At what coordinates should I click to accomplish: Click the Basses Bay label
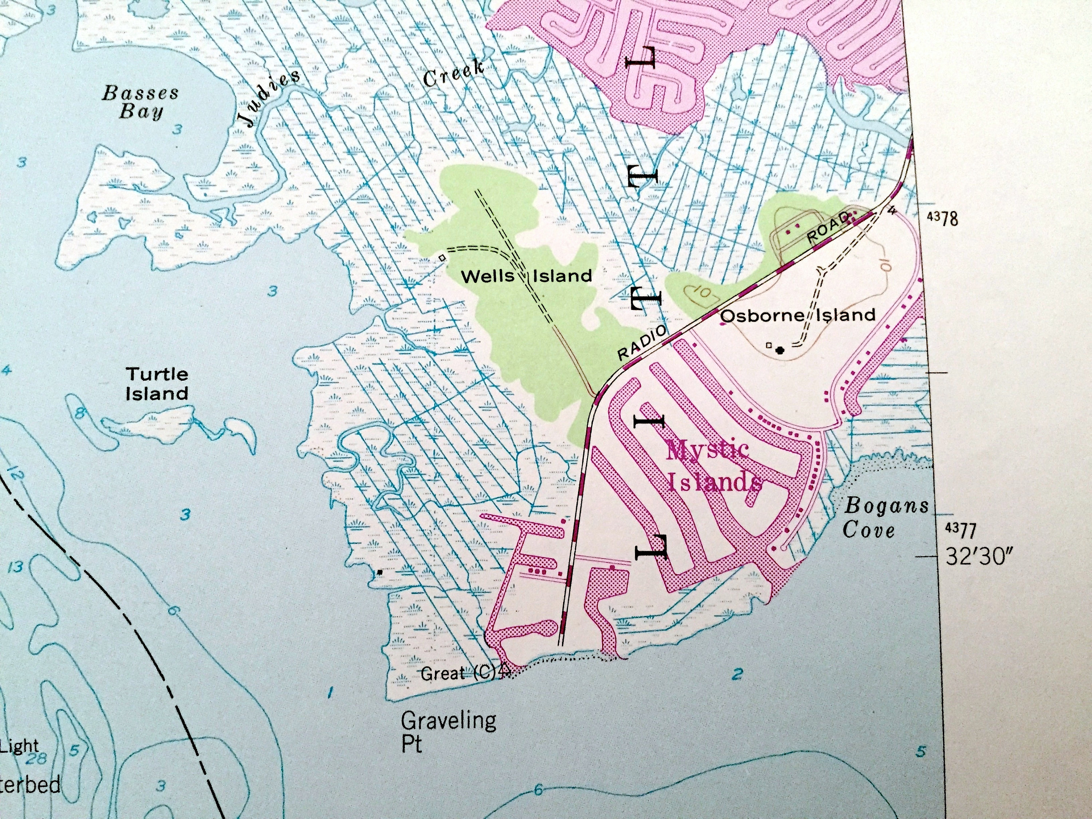coord(140,102)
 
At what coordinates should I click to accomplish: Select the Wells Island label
coord(526,276)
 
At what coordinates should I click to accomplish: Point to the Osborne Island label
coord(798,315)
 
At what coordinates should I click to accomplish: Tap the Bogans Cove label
coord(886,518)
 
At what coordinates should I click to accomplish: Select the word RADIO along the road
coord(642,343)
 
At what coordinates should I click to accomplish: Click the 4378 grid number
coord(942,218)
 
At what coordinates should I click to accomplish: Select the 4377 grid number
coord(960,531)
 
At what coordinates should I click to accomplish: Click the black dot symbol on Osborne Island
coord(780,351)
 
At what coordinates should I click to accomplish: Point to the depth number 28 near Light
coord(36,758)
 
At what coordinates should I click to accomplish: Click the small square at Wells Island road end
coord(442,257)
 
